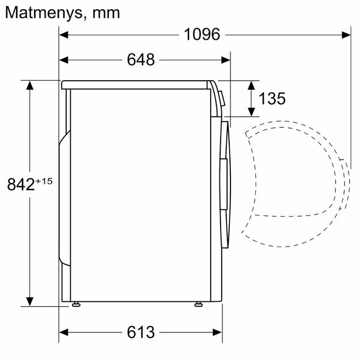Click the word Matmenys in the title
[43, 13]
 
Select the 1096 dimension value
[202, 35]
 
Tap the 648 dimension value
[141, 60]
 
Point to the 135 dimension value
[272, 98]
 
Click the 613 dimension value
[141, 332]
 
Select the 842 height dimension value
[21, 184]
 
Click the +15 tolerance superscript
[44, 181]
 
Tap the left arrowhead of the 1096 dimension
[63, 35]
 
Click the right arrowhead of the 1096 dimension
[346, 35]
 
